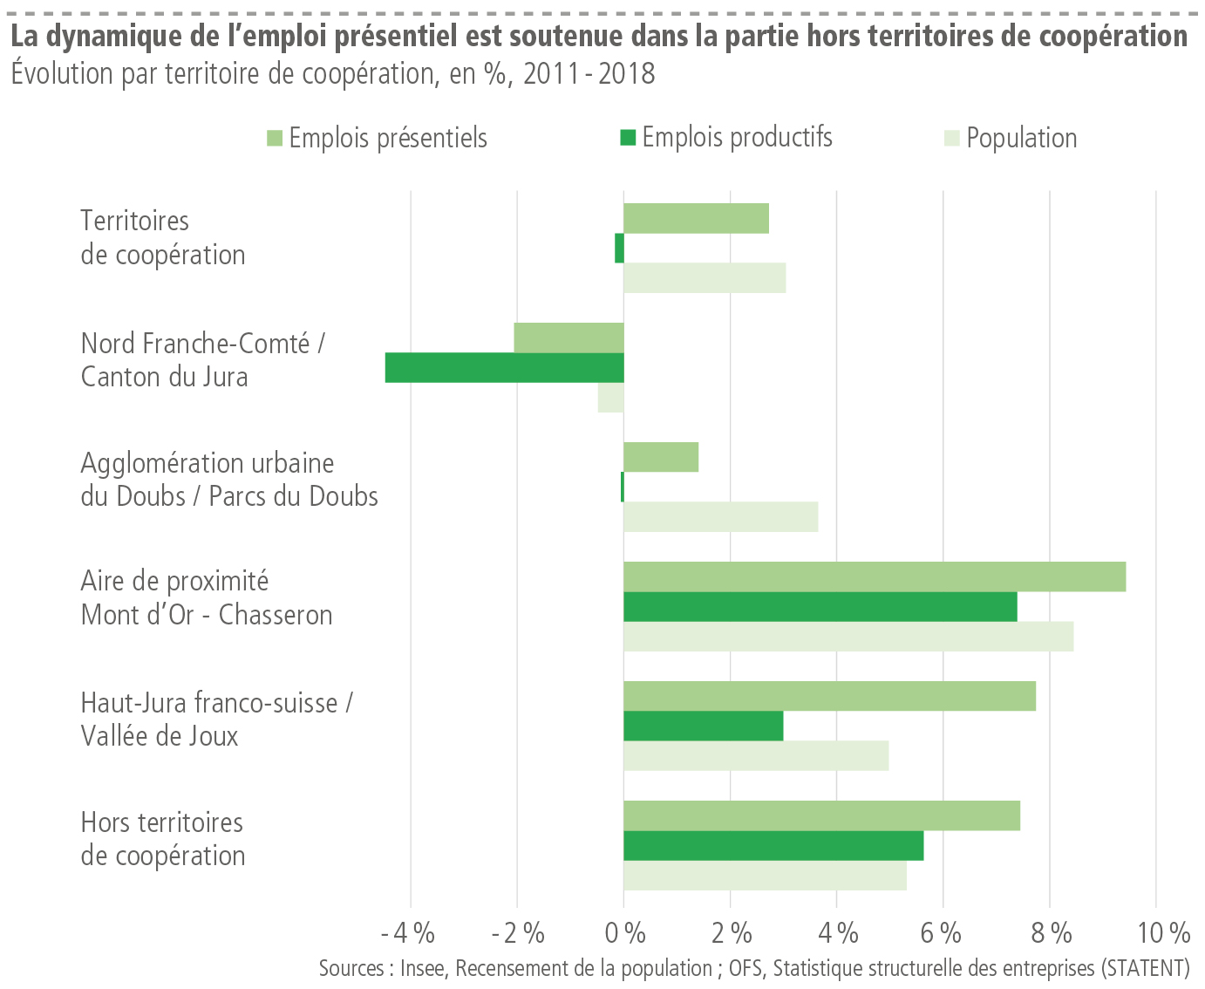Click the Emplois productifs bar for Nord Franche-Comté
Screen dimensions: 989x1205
505,367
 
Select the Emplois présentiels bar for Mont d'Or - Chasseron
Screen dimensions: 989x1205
875,576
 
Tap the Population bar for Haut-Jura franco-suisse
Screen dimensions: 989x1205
756,755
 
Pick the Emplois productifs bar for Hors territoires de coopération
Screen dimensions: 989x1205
773,845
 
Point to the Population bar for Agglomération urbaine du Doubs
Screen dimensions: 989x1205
721,516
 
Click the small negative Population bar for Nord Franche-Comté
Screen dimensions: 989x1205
610,398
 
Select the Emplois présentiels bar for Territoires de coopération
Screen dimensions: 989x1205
696,218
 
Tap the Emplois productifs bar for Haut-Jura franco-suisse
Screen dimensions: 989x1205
704,726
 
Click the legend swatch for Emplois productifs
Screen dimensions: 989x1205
628,137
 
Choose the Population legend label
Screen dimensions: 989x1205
1021,138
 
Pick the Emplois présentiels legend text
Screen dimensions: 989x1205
388,138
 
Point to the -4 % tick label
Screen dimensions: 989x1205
408,933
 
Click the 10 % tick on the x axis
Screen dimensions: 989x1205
1163,933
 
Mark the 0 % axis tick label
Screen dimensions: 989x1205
624,933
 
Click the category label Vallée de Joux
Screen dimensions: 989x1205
160,736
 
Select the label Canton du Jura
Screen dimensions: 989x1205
165,377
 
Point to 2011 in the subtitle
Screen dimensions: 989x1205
552,73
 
